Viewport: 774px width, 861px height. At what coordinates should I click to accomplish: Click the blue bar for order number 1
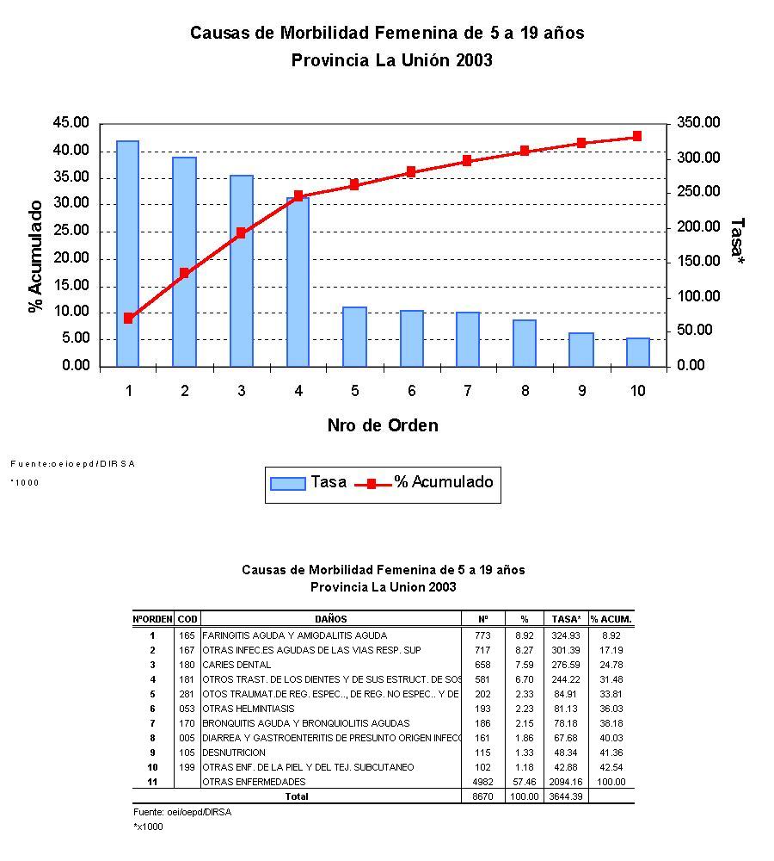point(127,253)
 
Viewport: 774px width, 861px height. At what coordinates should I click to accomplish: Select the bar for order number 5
point(354,337)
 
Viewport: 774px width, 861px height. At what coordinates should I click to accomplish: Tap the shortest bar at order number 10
point(637,352)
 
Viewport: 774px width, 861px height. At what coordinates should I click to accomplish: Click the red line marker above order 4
point(298,196)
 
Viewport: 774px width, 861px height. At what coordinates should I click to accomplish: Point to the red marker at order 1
point(128,318)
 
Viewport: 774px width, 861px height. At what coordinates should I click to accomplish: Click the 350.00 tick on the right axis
point(697,123)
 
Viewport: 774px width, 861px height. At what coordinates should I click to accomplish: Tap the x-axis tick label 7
point(467,391)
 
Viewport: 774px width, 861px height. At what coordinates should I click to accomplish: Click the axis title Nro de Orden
point(382,425)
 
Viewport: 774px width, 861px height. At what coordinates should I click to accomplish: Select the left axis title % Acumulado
point(36,257)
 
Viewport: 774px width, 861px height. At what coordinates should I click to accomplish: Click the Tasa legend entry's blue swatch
point(287,483)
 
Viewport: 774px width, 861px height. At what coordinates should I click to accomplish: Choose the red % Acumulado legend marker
point(372,483)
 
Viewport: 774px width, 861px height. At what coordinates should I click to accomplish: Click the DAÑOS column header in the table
point(331,619)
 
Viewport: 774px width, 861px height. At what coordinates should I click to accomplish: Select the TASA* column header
point(567,619)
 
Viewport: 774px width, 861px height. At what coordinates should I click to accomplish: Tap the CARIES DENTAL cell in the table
point(236,665)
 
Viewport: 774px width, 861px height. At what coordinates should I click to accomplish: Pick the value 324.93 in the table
point(567,635)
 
